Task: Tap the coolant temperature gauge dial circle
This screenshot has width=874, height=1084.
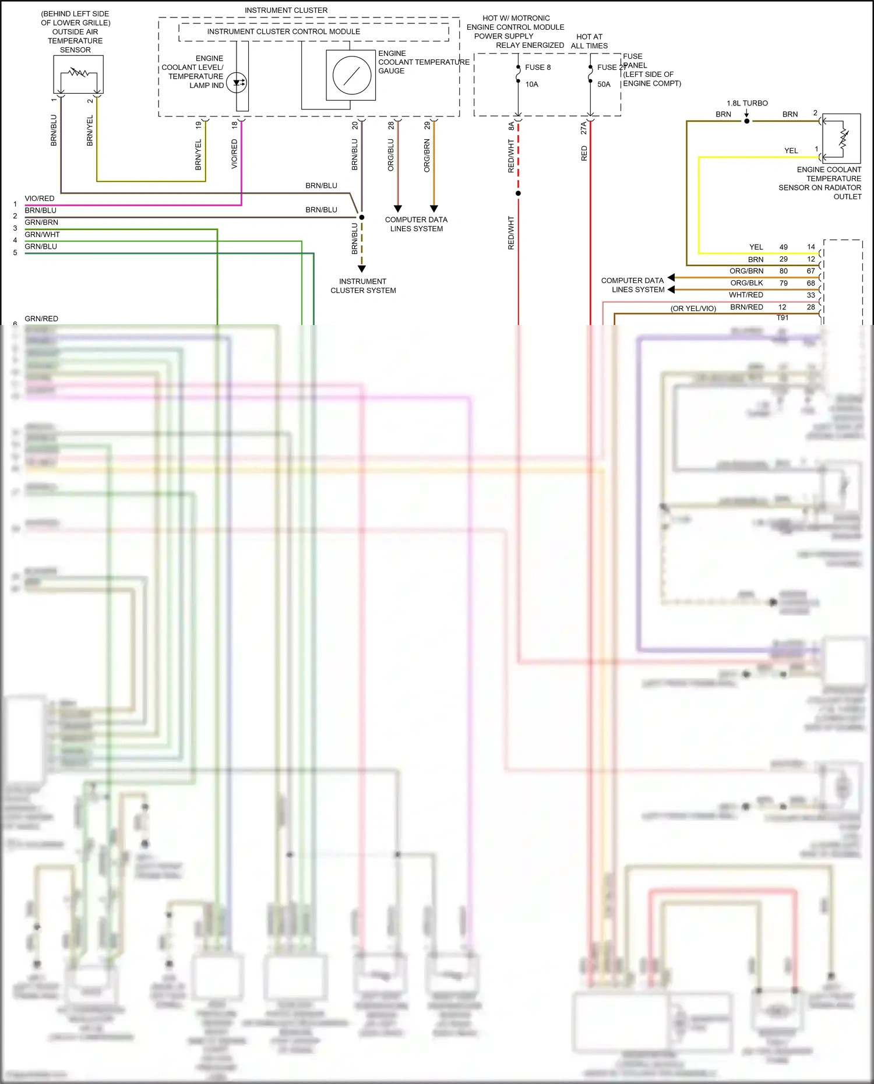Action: (351, 76)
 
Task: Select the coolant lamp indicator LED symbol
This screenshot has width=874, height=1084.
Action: (237, 83)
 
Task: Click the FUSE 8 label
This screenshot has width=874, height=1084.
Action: (537, 68)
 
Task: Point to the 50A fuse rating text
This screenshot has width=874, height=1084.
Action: (604, 84)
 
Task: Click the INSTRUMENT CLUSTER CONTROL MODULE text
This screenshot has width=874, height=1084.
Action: (283, 32)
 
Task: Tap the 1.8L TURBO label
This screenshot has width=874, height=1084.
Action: (747, 103)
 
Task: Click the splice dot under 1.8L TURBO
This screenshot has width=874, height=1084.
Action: (747, 121)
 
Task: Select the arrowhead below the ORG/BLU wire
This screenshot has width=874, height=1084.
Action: (398, 208)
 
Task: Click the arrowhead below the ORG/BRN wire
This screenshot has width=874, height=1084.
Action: (434, 208)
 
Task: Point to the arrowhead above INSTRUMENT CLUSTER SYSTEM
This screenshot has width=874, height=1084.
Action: (362, 269)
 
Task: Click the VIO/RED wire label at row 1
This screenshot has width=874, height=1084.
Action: (40, 199)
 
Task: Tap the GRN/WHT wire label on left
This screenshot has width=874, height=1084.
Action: (42, 235)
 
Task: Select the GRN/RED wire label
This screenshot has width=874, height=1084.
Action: (41, 319)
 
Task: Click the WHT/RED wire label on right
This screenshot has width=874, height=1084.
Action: (746, 295)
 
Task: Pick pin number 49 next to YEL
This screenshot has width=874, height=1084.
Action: (783, 247)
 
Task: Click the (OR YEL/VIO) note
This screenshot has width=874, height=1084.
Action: (693, 309)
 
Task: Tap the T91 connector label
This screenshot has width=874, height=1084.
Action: (783, 317)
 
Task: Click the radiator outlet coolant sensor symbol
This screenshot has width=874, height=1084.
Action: (843, 138)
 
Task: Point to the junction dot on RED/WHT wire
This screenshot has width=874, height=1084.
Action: (518, 193)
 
